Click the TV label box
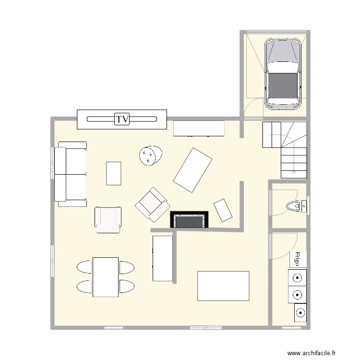coord(122,119)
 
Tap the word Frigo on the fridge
coord(298,259)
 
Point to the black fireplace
coord(190,220)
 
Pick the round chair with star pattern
coord(151,155)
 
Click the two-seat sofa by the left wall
coord(71,174)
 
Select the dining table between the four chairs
coord(106,277)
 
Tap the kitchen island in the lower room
coord(223,286)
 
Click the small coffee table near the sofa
coord(113,173)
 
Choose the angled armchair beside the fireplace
coord(152,204)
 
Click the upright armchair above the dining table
coord(108,220)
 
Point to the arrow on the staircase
coord(293,171)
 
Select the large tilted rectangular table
coord(192,170)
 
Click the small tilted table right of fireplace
coord(223,210)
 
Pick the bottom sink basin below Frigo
coord(299,313)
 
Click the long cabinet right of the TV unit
coord(199,128)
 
